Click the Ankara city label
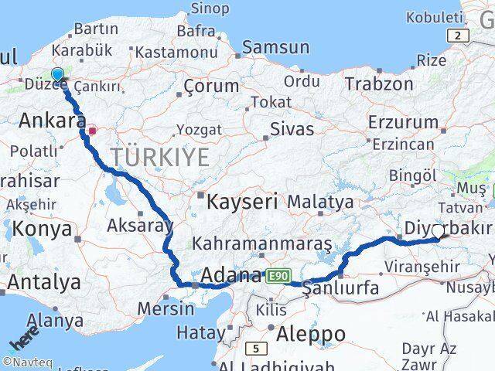(x=52, y=121)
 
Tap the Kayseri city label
(x=243, y=203)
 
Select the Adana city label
(x=230, y=274)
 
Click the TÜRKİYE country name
(x=159, y=157)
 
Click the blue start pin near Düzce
(x=57, y=75)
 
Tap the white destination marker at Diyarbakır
(x=439, y=231)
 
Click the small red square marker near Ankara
(x=92, y=131)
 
